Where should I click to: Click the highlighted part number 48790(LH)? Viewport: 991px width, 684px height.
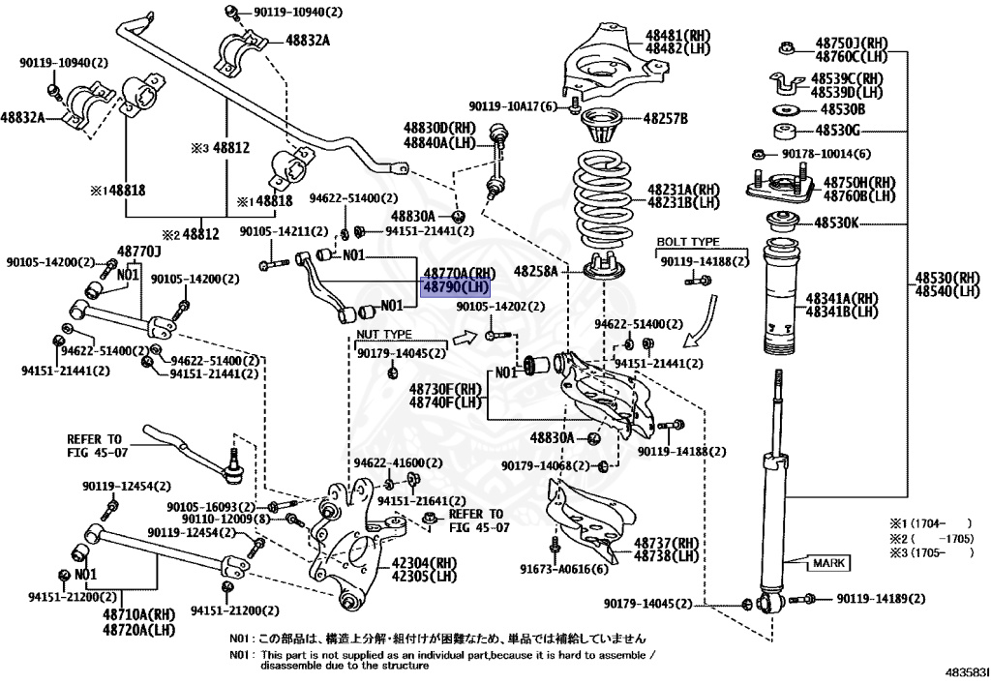(x=455, y=287)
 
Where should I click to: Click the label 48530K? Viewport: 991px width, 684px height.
(x=833, y=223)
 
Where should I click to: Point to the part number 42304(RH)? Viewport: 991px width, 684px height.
(x=423, y=561)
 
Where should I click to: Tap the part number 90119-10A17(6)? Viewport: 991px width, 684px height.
(x=513, y=106)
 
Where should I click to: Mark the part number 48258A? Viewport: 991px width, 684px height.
(x=535, y=271)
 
